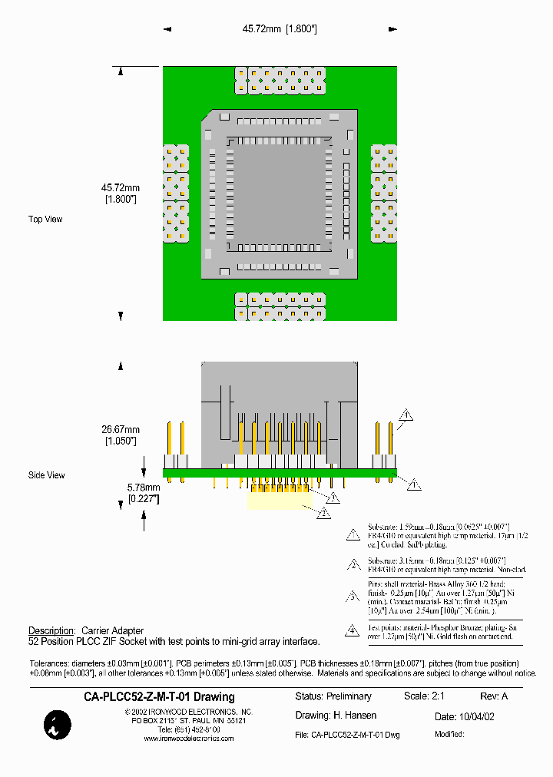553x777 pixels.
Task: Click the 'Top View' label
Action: (x=45, y=220)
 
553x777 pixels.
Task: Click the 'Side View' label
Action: (x=46, y=475)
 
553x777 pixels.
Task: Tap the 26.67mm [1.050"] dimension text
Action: (x=121, y=435)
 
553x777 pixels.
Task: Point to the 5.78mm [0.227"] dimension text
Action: (x=143, y=492)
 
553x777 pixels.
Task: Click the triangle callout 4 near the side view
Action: (x=406, y=415)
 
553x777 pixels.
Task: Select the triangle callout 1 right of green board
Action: (x=413, y=484)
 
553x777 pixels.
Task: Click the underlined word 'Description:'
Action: (x=51, y=630)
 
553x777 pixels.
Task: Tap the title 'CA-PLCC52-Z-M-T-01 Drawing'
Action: (x=159, y=696)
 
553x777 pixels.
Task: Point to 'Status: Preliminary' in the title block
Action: (x=333, y=696)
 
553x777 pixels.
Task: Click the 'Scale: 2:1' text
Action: (x=428, y=696)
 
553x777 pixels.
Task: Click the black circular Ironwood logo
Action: (x=58, y=725)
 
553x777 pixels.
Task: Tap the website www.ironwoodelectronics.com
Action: (x=189, y=739)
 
